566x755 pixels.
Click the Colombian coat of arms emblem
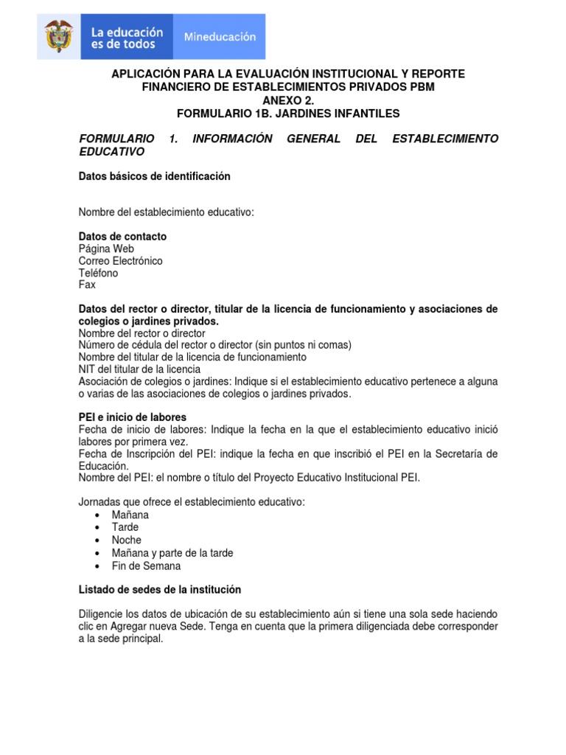59,36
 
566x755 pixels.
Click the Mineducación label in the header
220,36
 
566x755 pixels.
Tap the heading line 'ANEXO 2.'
287,100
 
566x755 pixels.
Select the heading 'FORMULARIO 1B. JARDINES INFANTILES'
287,114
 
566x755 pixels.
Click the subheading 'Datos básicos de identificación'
155,176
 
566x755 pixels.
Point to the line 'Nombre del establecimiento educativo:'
166,212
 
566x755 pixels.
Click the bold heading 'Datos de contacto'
122,237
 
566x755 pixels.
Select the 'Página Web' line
106,248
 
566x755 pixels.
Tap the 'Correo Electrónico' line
121,261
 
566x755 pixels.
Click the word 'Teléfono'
98,273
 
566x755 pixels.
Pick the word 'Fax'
87,285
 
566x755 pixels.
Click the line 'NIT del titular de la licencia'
139,369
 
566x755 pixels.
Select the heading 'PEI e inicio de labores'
133,417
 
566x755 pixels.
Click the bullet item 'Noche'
127,540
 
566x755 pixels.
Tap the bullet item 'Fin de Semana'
146,566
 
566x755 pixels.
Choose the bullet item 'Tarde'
125,527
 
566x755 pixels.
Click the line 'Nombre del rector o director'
142,333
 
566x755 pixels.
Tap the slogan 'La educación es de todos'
127,38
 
